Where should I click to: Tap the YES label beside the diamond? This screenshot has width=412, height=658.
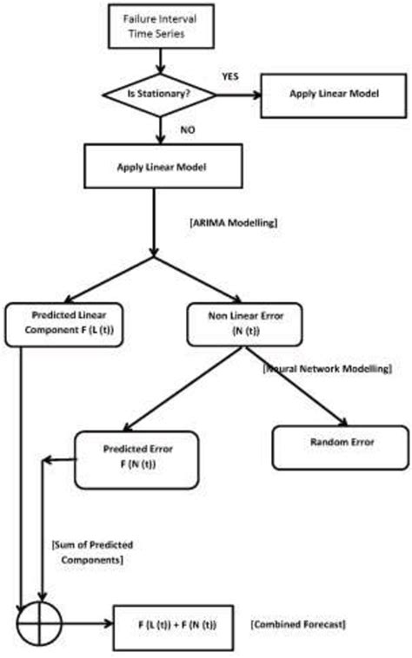point(230,76)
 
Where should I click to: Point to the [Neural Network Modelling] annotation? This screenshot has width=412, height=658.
point(326,369)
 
